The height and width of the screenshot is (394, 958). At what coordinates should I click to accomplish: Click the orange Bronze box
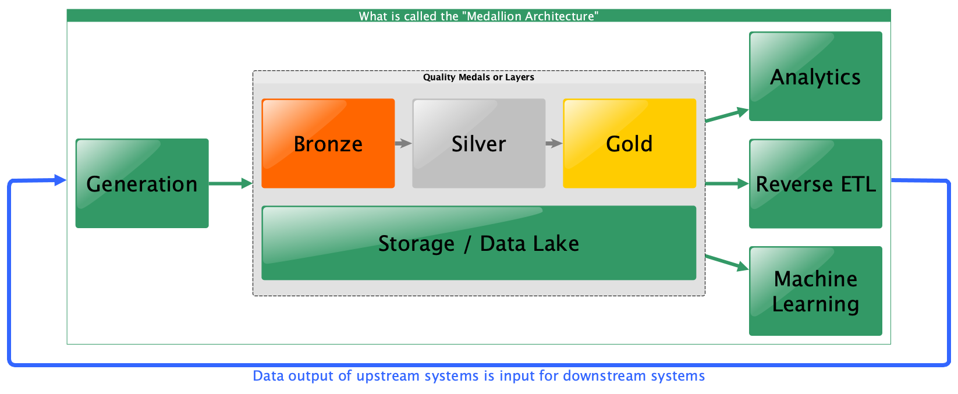(328, 143)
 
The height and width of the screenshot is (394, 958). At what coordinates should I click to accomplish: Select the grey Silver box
(478, 143)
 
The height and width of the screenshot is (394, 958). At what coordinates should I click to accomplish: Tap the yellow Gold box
(630, 143)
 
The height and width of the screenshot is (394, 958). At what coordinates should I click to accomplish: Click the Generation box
(142, 183)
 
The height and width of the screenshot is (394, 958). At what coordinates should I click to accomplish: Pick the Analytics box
(815, 76)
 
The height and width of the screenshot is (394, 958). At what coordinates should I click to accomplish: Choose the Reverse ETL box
(815, 183)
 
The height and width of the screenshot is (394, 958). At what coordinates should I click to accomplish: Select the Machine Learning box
(815, 291)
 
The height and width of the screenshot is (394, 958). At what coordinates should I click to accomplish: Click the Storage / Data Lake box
(478, 243)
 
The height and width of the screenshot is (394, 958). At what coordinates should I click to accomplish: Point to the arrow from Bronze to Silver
(403, 143)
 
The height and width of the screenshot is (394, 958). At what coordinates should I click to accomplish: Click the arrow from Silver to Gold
(554, 143)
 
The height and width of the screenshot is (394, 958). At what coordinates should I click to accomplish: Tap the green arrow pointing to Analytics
(727, 115)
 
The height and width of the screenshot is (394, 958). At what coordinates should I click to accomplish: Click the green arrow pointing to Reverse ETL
(727, 184)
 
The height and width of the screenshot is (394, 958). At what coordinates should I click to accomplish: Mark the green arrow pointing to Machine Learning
(727, 262)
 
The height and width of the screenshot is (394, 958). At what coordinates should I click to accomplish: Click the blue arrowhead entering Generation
(61, 180)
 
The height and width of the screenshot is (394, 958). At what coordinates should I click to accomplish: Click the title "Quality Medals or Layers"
(478, 77)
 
